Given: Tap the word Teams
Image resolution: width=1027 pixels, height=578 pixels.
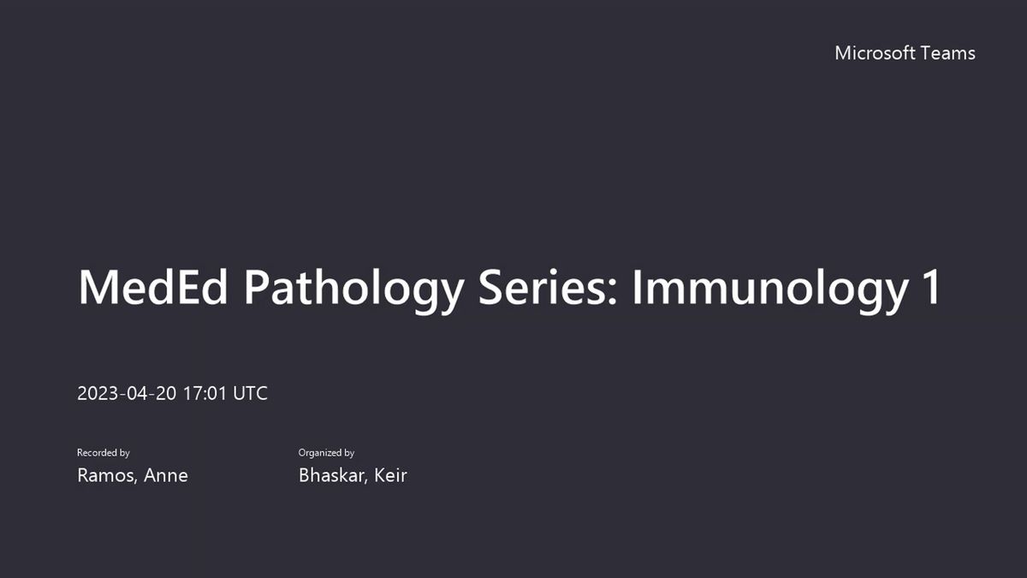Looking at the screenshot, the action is [x=947, y=53].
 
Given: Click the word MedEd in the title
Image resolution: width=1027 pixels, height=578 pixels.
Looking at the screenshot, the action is [x=153, y=288].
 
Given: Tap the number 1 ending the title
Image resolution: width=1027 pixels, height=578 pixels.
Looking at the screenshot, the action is [x=932, y=288].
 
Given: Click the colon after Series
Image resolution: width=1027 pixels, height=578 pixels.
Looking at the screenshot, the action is [x=613, y=292].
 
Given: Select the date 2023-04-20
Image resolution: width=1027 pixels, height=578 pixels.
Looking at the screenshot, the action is [x=127, y=393].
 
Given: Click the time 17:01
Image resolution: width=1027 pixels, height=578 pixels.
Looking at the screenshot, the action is [x=205, y=393].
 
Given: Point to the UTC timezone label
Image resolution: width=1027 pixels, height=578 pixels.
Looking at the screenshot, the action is [x=250, y=393].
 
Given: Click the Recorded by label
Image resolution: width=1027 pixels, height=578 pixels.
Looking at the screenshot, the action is [x=104, y=453].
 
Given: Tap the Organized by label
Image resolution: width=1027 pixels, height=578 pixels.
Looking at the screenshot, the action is [x=326, y=453].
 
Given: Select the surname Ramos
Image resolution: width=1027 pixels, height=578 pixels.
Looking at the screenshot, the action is [x=106, y=475].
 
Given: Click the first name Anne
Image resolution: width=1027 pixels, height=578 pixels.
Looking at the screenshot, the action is [x=166, y=475].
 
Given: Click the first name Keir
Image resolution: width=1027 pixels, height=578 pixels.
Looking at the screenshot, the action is [x=390, y=475].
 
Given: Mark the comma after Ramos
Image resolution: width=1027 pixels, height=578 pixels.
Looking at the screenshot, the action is [x=136, y=481].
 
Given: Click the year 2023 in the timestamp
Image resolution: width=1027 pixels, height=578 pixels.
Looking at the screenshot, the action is [x=98, y=393].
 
